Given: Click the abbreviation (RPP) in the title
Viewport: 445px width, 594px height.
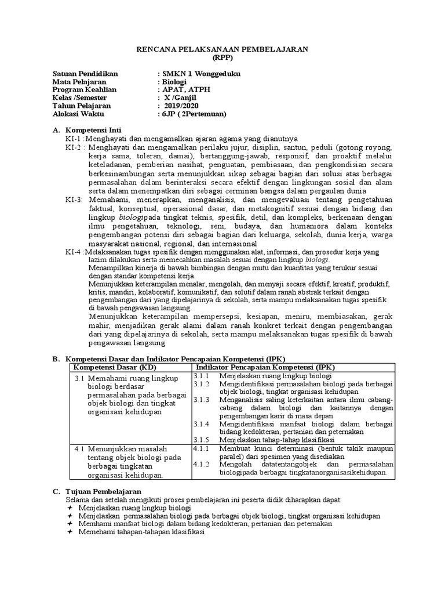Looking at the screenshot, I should click(x=222, y=59).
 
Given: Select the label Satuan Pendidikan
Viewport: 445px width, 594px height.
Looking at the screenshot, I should click(x=85, y=74).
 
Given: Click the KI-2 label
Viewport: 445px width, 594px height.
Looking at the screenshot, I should click(x=74, y=147).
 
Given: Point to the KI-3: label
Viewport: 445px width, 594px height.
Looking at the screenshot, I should click(x=75, y=200).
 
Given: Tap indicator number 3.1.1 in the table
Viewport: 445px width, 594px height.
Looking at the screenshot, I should click(x=201, y=376).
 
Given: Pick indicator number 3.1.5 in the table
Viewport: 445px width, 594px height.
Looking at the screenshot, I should click(x=201, y=440).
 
